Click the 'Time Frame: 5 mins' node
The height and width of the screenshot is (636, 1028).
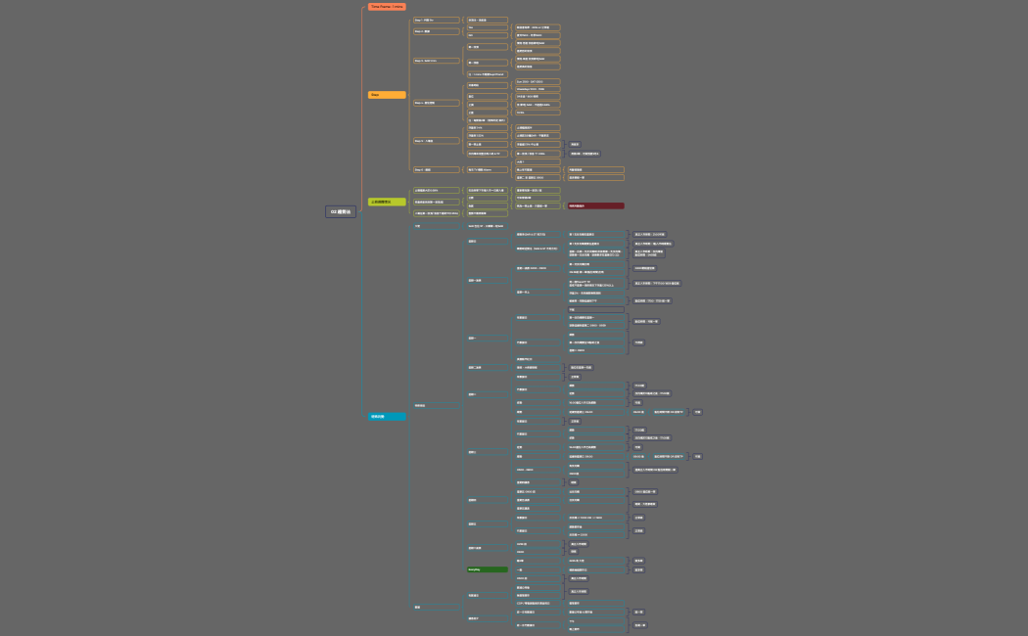(x=387, y=7)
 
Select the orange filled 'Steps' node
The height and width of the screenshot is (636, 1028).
(x=387, y=95)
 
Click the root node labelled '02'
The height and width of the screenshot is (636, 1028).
(x=341, y=211)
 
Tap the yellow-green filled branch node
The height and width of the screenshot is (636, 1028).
(x=387, y=202)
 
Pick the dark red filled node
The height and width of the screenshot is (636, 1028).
(x=595, y=205)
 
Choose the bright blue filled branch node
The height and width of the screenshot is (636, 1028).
(x=387, y=416)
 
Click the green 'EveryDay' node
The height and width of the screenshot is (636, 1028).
(x=487, y=568)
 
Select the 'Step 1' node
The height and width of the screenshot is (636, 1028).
(x=436, y=20)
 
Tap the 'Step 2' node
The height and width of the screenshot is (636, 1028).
(x=436, y=31)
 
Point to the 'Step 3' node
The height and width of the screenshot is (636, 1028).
(x=436, y=61)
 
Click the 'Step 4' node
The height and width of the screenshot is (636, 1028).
(x=436, y=102)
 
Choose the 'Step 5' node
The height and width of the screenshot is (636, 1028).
(x=436, y=140)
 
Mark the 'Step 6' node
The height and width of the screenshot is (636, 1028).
(x=436, y=169)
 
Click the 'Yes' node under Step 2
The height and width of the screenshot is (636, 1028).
(x=487, y=27)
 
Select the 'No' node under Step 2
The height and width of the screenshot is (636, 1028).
(x=487, y=35)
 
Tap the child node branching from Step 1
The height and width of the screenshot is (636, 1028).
(x=487, y=20)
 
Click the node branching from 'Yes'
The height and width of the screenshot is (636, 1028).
(x=537, y=27)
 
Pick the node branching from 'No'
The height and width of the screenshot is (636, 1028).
(x=537, y=35)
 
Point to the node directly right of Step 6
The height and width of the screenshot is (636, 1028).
(x=487, y=169)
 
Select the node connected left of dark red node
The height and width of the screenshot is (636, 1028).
(x=537, y=205)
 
